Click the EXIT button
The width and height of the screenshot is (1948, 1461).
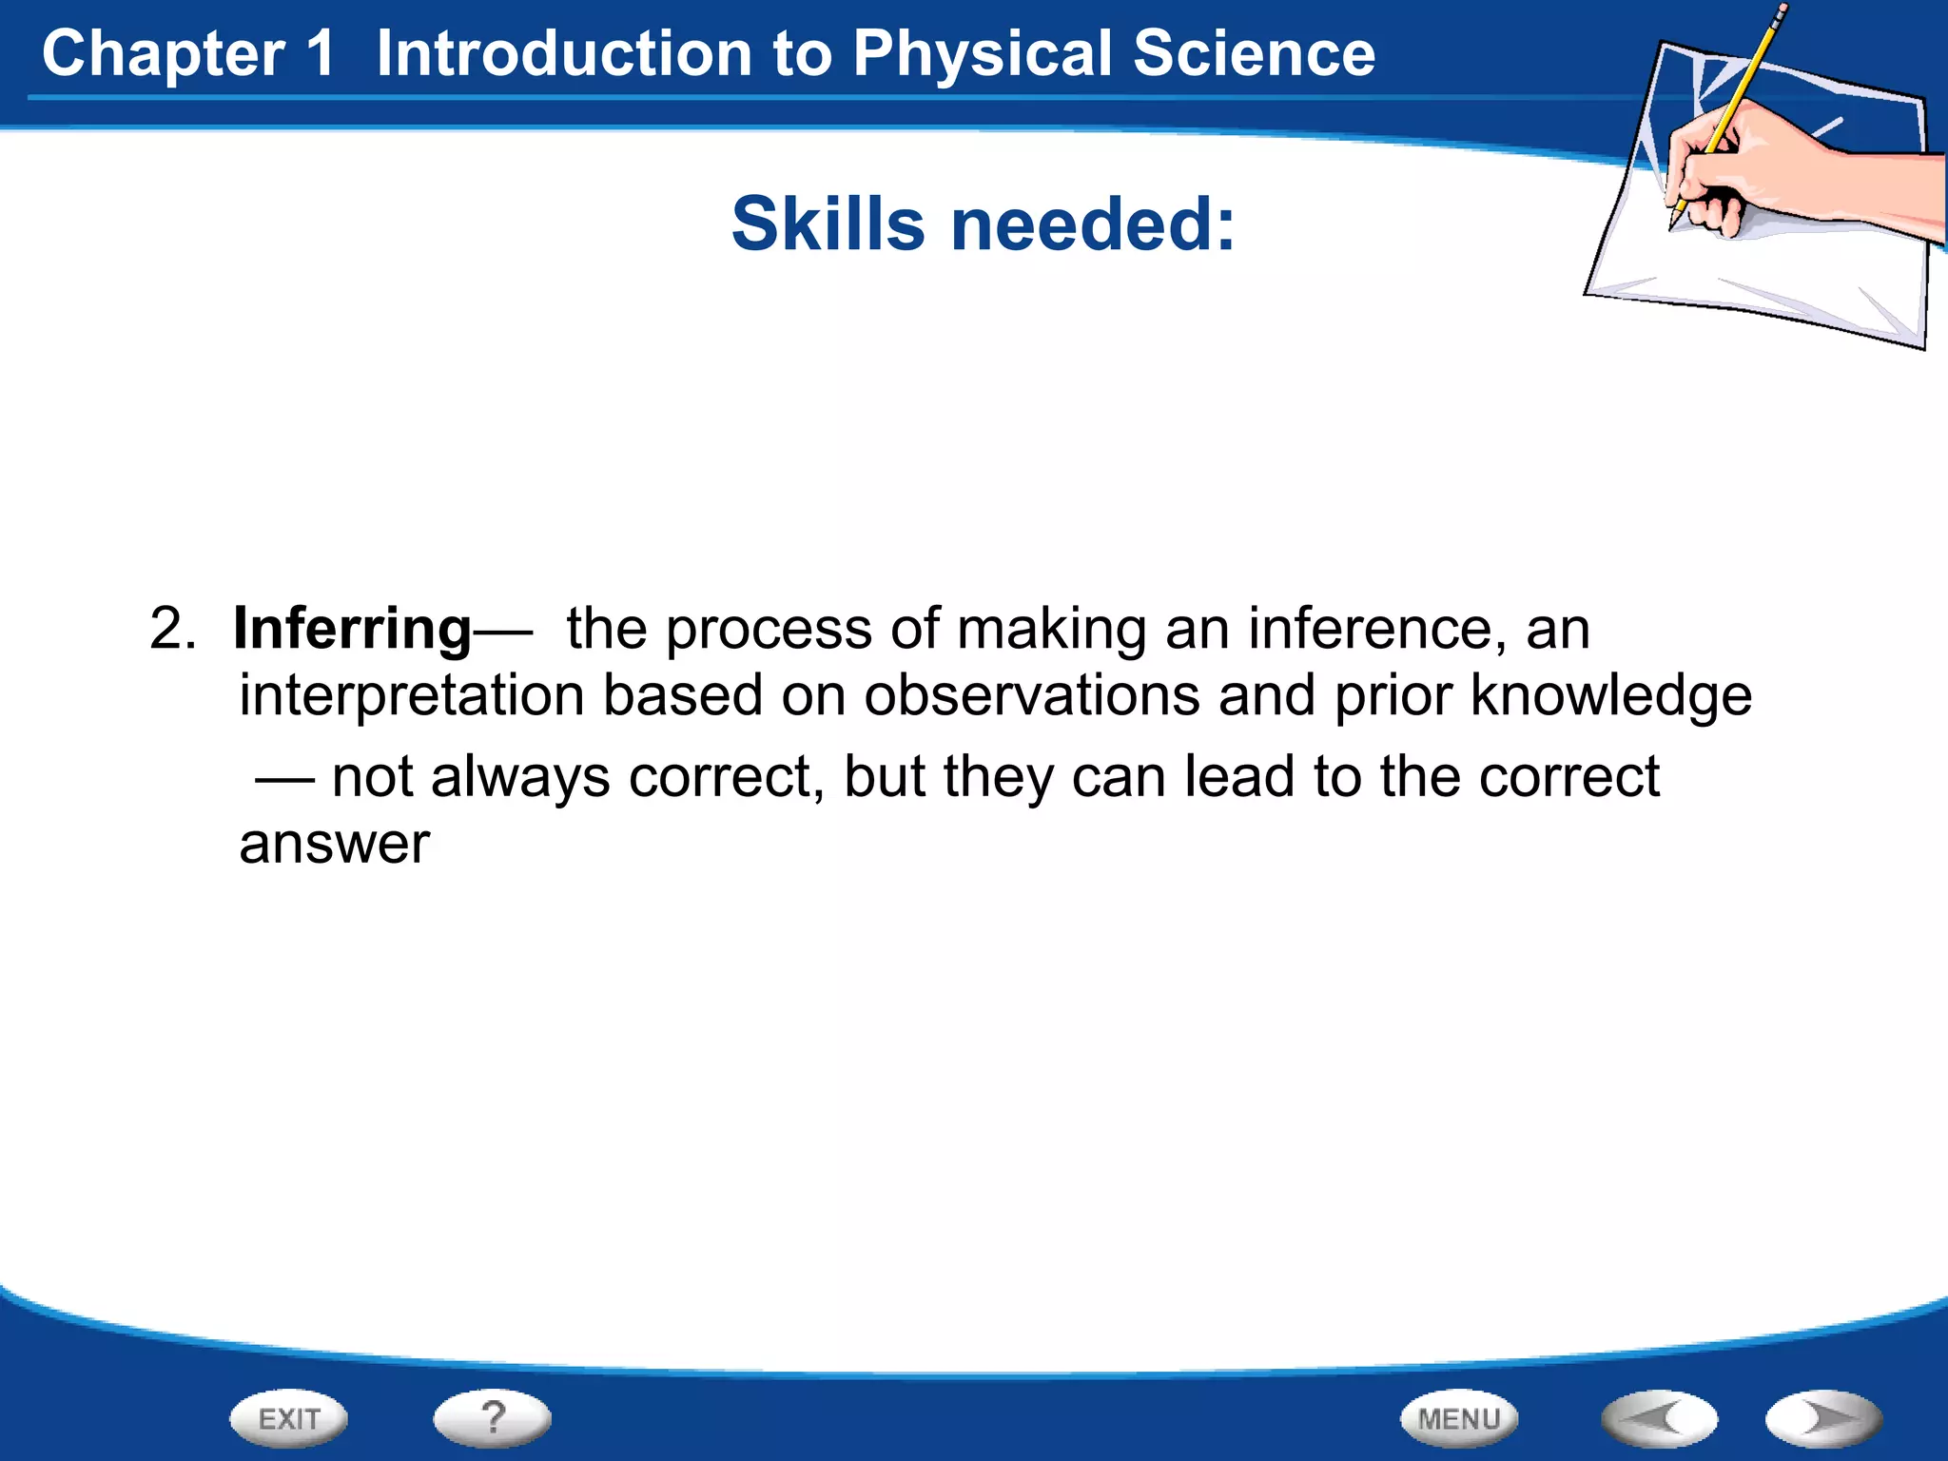pyautogui.click(x=288, y=1419)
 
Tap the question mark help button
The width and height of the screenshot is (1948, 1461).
pyautogui.click(x=492, y=1417)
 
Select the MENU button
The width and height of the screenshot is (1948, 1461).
pyautogui.click(x=1458, y=1419)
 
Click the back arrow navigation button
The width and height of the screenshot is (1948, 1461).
pyautogui.click(x=1659, y=1419)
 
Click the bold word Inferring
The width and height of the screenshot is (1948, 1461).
pyautogui.click(x=352, y=630)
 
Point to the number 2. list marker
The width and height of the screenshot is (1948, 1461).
pyautogui.click(x=172, y=630)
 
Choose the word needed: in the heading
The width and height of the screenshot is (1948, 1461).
pyautogui.click(x=1093, y=224)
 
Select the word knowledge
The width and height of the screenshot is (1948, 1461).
pyautogui.click(x=1610, y=696)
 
